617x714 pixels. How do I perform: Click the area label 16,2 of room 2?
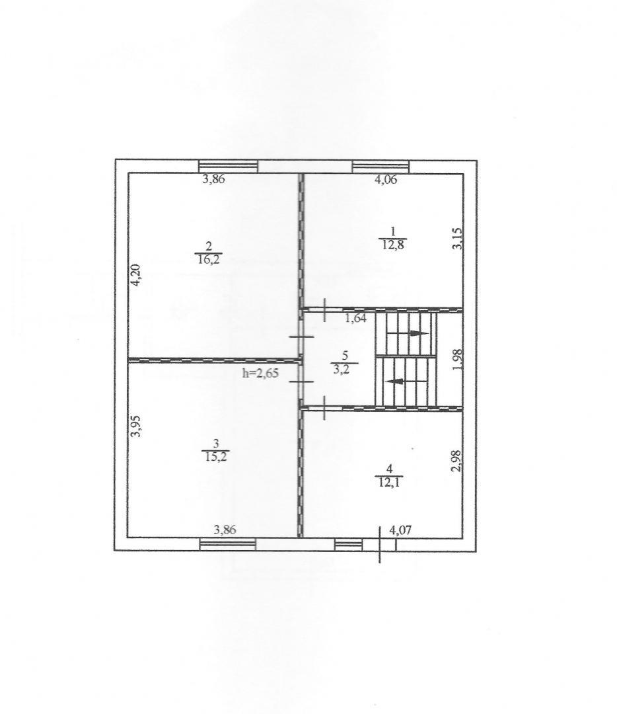click(209, 260)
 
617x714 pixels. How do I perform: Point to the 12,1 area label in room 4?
click(388, 482)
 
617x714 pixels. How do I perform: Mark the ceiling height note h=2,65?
click(261, 374)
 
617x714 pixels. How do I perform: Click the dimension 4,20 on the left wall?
click(135, 276)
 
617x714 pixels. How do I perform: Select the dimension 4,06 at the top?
click(386, 179)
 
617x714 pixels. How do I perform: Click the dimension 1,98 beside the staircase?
click(458, 360)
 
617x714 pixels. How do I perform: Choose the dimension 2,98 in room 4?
click(457, 461)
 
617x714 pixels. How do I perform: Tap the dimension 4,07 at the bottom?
click(402, 530)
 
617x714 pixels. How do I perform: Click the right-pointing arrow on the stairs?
click(407, 333)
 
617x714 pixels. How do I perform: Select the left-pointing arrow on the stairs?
click(406, 381)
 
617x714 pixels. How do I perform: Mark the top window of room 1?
click(381, 167)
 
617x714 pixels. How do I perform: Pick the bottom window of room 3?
click(227, 544)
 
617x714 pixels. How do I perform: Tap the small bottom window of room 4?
click(349, 545)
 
